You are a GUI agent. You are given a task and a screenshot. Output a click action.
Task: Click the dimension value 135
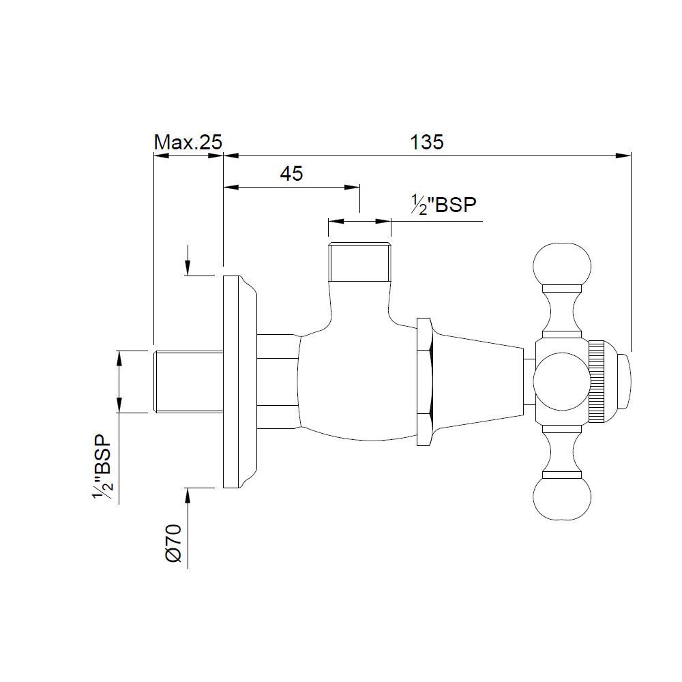point(427,142)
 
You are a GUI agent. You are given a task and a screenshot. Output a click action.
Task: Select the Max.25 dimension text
point(188,142)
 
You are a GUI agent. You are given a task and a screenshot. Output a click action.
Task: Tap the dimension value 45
point(291,174)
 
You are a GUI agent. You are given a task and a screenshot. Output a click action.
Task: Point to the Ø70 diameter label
point(173,543)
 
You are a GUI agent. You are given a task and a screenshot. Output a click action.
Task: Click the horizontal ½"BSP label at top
point(443,205)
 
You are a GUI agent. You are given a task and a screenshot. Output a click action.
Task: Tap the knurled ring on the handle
point(597,381)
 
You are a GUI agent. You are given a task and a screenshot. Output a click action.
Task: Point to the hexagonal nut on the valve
point(424,381)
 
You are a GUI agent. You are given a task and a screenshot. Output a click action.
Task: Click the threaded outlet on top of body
point(359,263)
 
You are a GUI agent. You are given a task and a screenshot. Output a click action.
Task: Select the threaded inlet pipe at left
point(189,381)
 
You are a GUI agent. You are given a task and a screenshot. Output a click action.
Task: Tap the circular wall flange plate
point(235,381)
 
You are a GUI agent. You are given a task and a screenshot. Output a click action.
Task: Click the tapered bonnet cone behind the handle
point(477,381)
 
